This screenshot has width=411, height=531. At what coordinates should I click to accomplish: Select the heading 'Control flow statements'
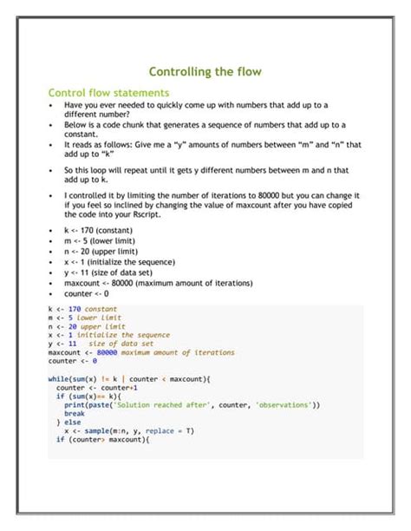click(x=108, y=92)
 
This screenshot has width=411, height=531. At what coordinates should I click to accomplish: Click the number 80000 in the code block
click(x=107, y=352)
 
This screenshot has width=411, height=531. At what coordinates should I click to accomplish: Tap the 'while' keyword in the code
click(x=58, y=378)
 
